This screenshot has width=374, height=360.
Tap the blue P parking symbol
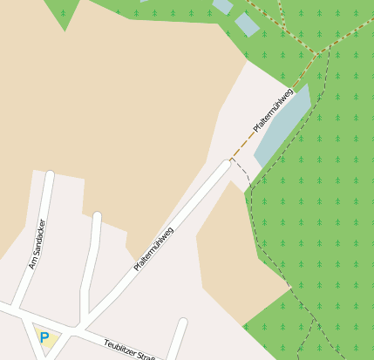coord(44,336)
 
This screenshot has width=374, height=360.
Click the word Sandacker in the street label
coord(38,238)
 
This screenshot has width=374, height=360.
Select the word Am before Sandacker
coord(33,262)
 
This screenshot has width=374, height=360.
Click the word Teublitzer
coord(120,348)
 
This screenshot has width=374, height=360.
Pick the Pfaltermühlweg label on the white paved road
coord(154,248)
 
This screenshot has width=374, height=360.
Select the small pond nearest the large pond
coord(247,24)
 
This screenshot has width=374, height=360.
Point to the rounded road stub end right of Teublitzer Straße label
coord(182,323)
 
